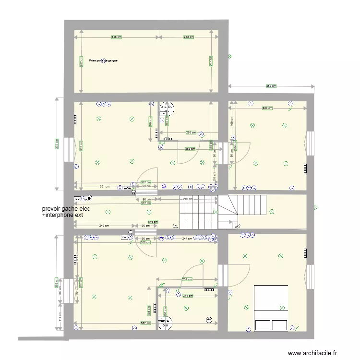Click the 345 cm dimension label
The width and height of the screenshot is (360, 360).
click(116, 37)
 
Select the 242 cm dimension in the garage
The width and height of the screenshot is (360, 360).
click(189, 37)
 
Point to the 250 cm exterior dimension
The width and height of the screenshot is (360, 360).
click(271, 86)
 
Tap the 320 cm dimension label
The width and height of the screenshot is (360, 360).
click(267, 108)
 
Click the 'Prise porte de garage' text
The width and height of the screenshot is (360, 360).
click(103, 61)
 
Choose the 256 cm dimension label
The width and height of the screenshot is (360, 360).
click(191, 132)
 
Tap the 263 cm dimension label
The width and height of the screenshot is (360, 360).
click(190, 148)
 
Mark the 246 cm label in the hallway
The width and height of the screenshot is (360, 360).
click(187, 199)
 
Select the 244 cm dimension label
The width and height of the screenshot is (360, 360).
click(188, 296)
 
